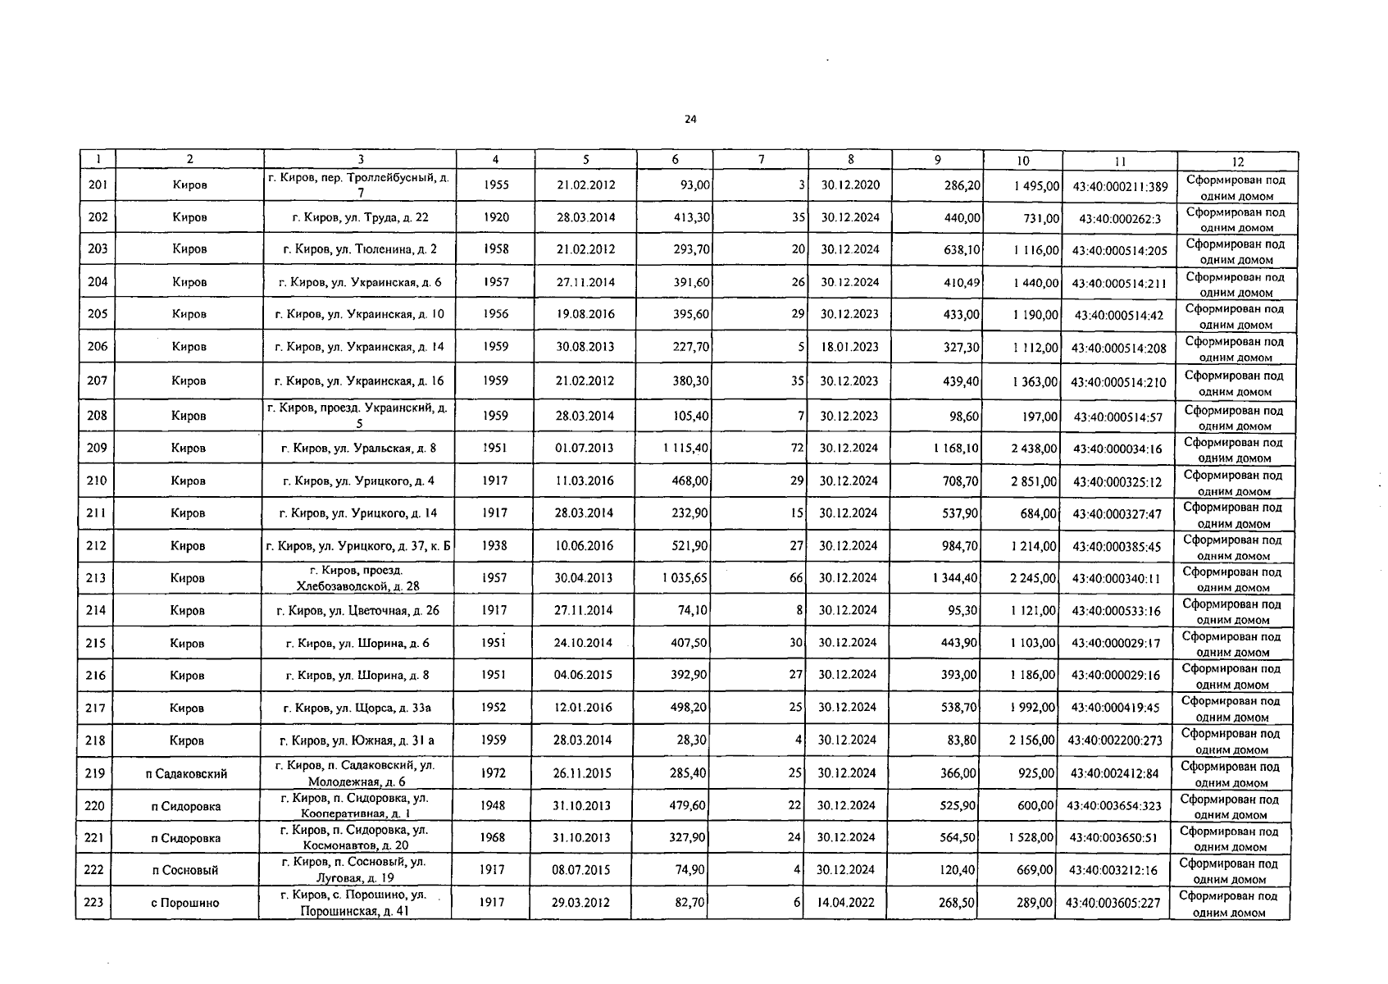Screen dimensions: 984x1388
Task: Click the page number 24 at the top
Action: click(x=690, y=120)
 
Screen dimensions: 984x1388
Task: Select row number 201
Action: click(x=98, y=185)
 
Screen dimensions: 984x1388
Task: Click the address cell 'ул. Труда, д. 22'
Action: click(x=360, y=218)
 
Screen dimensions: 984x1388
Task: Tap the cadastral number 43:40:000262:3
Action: click(x=1120, y=219)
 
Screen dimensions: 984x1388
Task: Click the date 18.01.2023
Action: click(x=849, y=347)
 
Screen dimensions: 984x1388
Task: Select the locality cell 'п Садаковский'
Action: click(x=186, y=773)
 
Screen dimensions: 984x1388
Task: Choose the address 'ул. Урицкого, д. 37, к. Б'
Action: click(x=358, y=546)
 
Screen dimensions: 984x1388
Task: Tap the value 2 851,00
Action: click(x=1034, y=481)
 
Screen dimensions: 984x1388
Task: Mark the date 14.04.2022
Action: click(x=845, y=902)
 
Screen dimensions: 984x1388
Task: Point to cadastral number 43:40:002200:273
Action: click(x=1115, y=740)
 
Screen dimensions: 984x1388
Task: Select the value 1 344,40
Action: click(x=955, y=578)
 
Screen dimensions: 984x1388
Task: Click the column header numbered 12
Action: click(x=1238, y=162)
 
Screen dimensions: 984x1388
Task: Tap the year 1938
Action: click(x=494, y=545)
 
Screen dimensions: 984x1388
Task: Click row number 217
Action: click(x=95, y=708)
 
